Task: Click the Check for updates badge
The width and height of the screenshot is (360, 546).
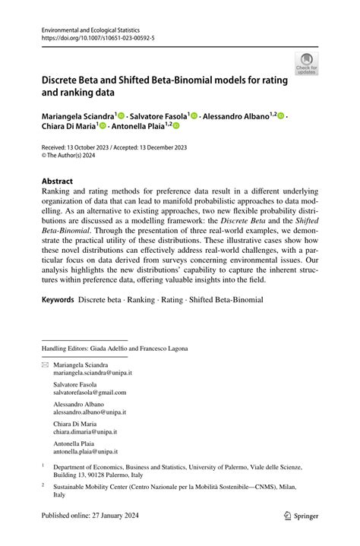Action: pos(306,64)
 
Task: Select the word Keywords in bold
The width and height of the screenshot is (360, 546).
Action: pos(58,300)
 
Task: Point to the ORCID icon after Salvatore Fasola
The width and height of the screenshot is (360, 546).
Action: pos(194,116)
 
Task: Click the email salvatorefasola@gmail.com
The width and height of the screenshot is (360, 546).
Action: pos(89,393)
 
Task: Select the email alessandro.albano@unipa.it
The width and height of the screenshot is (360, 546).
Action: pos(89,412)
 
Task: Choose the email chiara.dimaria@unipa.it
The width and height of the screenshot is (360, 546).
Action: pos(85,431)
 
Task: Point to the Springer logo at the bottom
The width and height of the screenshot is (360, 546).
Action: pos(301,535)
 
